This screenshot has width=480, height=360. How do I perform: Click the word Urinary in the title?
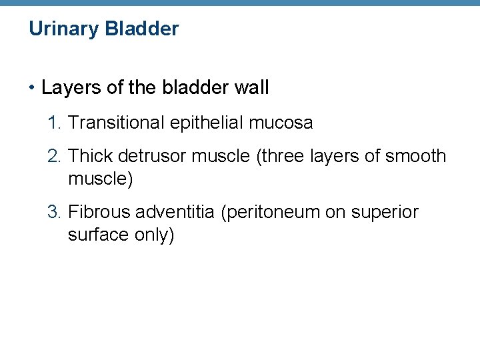(62, 29)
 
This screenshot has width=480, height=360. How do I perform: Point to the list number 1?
(54, 123)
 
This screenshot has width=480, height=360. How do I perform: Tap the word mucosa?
(285, 123)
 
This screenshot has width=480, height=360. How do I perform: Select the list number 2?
(54, 156)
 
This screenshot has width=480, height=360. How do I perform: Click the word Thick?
(90, 156)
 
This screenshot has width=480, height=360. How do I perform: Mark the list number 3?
(54, 212)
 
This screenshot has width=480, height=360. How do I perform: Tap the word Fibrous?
(99, 212)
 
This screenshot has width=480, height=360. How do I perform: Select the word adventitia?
(177, 212)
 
